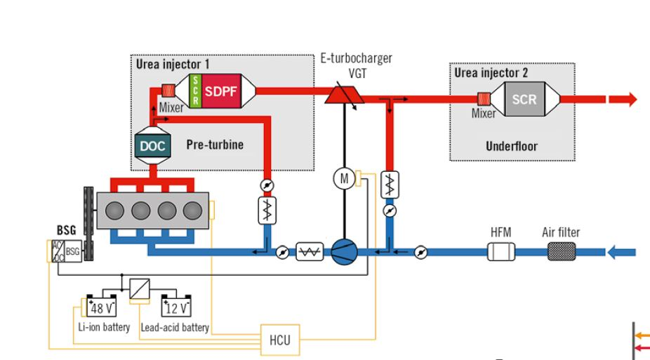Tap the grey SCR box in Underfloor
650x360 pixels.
click(x=524, y=100)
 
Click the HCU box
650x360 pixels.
click(x=279, y=341)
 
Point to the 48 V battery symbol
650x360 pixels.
click(x=100, y=307)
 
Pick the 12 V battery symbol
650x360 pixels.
click(x=175, y=307)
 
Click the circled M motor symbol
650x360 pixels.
click(x=344, y=179)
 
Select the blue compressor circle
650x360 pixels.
click(x=344, y=251)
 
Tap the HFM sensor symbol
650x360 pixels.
click(x=503, y=251)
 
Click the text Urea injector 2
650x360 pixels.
click(x=491, y=72)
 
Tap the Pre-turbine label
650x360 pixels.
click(x=215, y=145)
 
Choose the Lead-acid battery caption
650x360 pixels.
click(x=175, y=328)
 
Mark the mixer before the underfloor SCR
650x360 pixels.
click(x=484, y=100)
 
